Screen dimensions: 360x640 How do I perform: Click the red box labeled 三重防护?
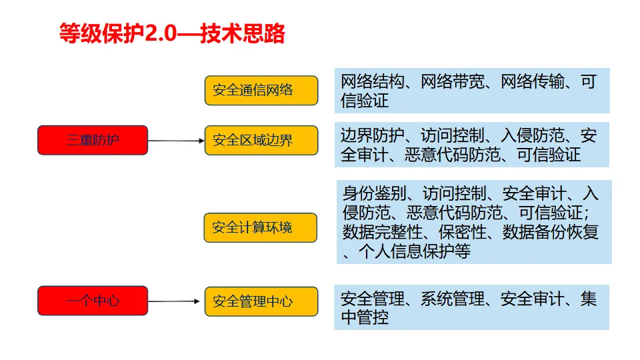point(93,140)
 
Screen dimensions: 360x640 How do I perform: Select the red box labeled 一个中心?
point(93,301)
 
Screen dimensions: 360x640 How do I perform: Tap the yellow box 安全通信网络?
point(261,90)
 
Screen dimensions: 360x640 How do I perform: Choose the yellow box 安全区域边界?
point(261,140)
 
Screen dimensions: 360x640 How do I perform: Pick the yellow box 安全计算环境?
point(261,227)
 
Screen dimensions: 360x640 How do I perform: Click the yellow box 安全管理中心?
point(261,301)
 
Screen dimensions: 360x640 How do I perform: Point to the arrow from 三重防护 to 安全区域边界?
point(175,141)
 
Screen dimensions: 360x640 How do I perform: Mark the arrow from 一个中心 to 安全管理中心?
point(175,301)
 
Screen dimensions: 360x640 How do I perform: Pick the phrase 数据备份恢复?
point(551,232)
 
